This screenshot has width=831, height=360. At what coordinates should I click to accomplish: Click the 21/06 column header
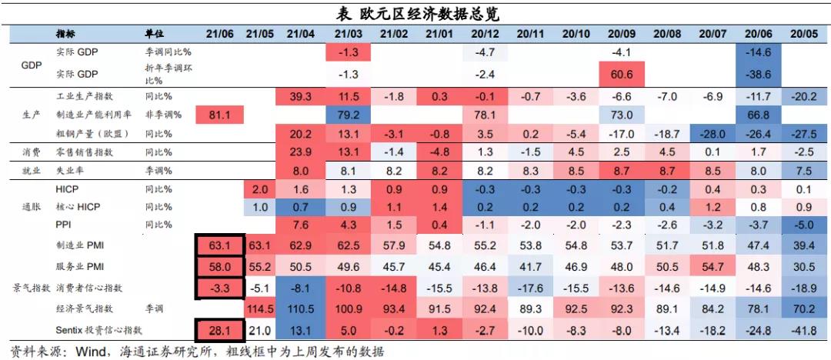pos(220,34)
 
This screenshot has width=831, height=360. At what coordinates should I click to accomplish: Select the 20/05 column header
pos(804,34)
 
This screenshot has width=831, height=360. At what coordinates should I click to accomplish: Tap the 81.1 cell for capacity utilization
pos(220,115)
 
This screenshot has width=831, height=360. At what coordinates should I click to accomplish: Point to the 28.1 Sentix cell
pos(220,330)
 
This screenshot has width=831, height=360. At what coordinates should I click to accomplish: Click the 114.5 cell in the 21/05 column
pos(260,308)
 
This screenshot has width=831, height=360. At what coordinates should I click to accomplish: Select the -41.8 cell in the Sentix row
pos(804,330)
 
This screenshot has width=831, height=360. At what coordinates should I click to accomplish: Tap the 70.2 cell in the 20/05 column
pos(804,308)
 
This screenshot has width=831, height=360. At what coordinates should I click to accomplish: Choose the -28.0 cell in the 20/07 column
pos(713,133)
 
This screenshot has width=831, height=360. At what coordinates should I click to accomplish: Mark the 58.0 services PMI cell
pos(220,266)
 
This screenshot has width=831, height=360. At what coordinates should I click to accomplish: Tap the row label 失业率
pos(70,170)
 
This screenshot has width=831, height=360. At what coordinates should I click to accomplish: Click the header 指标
pos(65,34)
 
